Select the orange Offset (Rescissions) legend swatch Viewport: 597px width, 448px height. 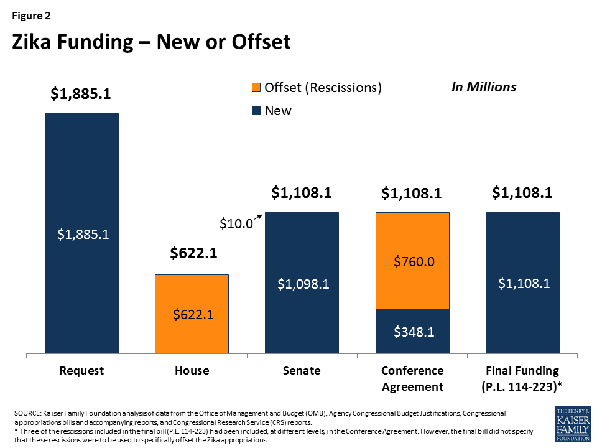click(257, 88)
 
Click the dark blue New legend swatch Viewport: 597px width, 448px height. click(257, 111)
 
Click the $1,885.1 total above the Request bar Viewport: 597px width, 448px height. click(81, 95)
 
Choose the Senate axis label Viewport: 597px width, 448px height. click(302, 371)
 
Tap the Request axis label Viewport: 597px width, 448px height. click(81, 371)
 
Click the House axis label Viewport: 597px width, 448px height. click(192, 371)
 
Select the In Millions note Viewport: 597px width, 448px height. click(483, 87)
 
